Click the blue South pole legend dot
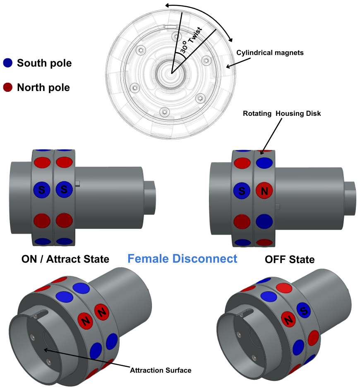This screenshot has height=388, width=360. coord(8,63)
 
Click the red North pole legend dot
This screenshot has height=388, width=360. coord(8,87)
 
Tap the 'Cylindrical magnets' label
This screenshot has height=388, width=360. coord(270,53)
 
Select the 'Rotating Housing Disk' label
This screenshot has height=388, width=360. coord(282,113)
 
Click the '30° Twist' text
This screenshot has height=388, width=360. coord(191,41)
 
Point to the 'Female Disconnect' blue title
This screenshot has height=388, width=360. coord(182,259)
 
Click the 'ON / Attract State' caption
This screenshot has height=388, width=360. coord(65,259)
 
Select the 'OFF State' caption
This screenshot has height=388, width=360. coord(290,259)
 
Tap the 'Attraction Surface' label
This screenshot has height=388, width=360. coord(161,370)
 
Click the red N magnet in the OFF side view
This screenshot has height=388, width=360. coord(264,191)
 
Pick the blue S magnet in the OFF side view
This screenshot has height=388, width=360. coord(242,191)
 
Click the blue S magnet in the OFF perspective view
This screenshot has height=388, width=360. coord(304,310)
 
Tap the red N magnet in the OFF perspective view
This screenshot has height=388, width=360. coord(288,319)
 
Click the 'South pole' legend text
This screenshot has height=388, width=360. coord(44,63)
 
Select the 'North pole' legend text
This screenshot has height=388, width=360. coord(43,88)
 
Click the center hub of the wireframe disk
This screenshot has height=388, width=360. coord(171,73)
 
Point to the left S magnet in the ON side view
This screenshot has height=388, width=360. coord(42,190)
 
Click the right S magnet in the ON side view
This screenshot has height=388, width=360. coord(64,189)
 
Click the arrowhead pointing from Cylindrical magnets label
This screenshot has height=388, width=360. coord(228,66)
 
